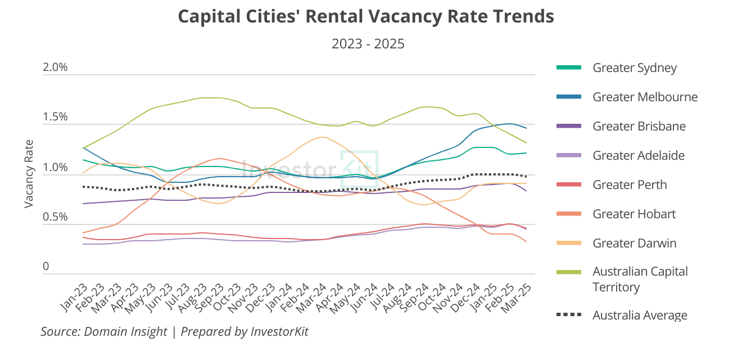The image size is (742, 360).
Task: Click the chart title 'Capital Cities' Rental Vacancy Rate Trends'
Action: click(x=366, y=16)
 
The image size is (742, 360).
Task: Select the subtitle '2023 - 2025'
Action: click(x=368, y=44)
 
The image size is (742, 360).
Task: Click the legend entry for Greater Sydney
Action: click(x=634, y=68)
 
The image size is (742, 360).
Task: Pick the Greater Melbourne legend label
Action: click(x=645, y=97)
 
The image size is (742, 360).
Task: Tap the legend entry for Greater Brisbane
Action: click(x=639, y=127)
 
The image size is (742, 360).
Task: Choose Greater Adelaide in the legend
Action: click(x=639, y=156)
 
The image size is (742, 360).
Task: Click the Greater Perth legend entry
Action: click(x=630, y=185)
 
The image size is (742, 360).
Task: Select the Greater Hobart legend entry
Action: click(x=634, y=214)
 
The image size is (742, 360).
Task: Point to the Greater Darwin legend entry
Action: click(x=634, y=244)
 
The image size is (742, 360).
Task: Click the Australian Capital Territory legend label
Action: click(x=640, y=279)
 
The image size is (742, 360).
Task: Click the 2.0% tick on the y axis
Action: click(x=55, y=67)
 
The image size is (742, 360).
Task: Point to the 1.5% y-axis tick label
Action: click(x=55, y=118)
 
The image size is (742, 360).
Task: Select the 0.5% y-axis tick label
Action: click(x=55, y=217)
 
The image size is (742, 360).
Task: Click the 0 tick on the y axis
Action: click(x=46, y=267)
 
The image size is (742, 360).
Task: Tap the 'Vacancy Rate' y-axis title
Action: click(x=29, y=174)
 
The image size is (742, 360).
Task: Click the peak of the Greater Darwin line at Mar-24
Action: click(x=322, y=137)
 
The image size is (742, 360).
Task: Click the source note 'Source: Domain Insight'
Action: click(x=104, y=332)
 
